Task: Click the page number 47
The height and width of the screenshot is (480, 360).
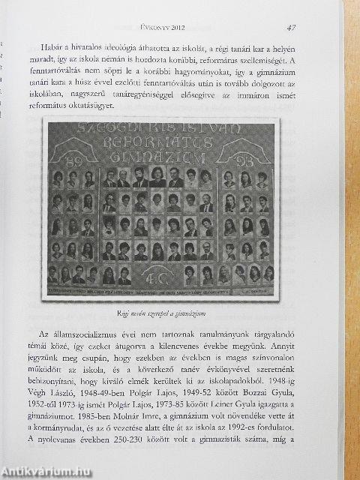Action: [x=292, y=28]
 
